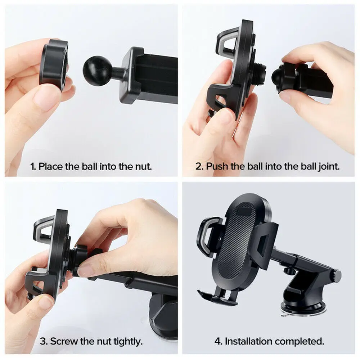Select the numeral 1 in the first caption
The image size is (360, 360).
[x=32, y=166]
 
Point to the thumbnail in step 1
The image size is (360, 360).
[x=47, y=97]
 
